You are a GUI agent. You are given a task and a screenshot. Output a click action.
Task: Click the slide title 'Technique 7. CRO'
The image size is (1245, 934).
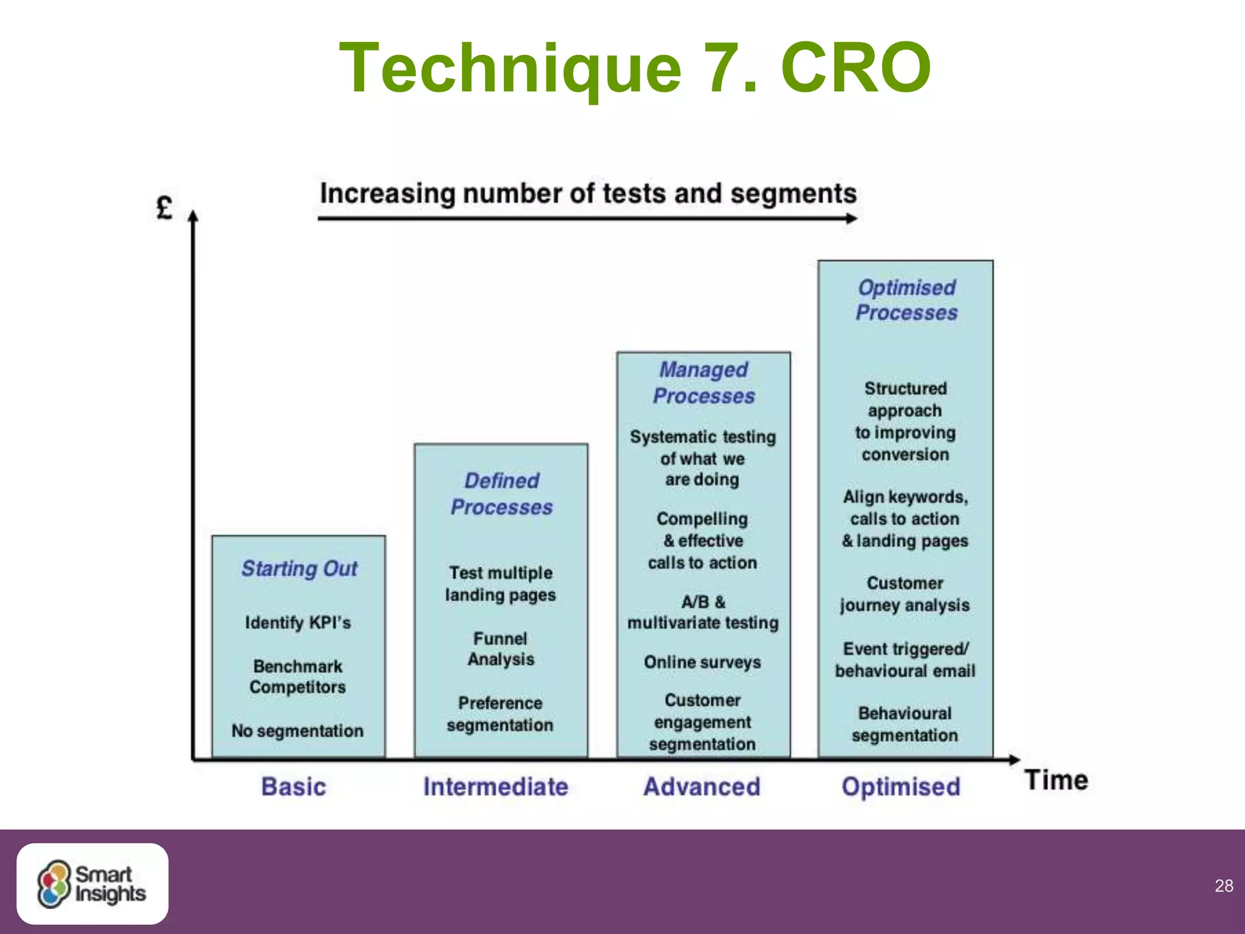tap(635, 68)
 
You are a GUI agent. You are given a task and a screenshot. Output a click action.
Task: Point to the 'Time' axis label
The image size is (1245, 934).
tap(1057, 780)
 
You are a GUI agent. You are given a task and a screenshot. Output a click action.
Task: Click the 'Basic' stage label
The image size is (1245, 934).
tap(294, 786)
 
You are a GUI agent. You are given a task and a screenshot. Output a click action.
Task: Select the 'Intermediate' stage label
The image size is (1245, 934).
tap(495, 786)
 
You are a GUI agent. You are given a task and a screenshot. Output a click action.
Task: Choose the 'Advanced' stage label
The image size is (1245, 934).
tap(702, 786)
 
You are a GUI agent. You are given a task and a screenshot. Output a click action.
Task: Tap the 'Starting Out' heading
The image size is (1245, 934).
tap(299, 569)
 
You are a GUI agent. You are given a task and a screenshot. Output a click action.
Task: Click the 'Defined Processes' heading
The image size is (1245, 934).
tap(502, 494)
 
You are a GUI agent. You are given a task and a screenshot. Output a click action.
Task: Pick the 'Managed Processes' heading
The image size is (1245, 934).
tap(704, 382)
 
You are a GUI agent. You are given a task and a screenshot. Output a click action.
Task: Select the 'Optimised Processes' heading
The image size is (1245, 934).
tap(906, 300)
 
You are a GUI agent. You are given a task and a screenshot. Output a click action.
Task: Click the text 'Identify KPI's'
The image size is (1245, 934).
tap(298, 623)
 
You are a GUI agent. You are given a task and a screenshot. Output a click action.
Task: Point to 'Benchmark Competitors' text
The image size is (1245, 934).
tap(298, 676)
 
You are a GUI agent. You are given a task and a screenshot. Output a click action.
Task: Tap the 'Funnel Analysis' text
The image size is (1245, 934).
tap(501, 649)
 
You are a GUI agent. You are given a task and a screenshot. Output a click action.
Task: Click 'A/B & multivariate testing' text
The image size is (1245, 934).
tap(703, 612)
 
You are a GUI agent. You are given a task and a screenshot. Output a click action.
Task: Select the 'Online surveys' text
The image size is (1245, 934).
tap(702, 662)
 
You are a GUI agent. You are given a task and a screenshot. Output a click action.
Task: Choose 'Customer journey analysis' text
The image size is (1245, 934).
tap(905, 594)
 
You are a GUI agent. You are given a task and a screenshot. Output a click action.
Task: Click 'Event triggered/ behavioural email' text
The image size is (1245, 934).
tap(905, 660)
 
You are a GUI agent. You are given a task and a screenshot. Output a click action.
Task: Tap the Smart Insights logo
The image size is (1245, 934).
tap(92, 884)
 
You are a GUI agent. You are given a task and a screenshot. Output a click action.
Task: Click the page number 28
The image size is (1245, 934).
tap(1224, 885)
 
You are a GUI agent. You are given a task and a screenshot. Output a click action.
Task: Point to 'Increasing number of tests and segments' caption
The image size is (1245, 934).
tap(588, 194)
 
